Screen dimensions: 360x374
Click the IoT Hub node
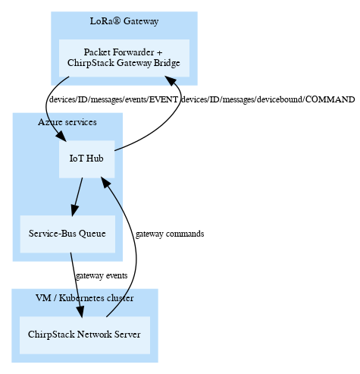coord(87,159)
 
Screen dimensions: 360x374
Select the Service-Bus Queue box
coord(67,234)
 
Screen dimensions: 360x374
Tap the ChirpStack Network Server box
coord(85,335)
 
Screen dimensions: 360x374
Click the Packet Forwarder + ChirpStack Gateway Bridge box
coord(124,58)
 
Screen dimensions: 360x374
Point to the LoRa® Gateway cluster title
coord(124,21)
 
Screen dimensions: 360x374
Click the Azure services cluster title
coord(67,122)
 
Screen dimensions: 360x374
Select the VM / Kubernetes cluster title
coord(85,298)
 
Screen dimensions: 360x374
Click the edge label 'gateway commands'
coord(170,234)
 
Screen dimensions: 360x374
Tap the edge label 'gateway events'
coord(102,275)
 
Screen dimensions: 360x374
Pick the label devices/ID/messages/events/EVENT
coord(114,99)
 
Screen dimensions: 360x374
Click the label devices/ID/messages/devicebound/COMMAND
coord(268,99)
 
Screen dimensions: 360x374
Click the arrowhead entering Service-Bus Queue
coord(74,211)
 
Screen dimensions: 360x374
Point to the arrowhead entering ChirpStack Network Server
coord(80,312)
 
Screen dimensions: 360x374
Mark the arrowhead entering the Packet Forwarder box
coord(171,80)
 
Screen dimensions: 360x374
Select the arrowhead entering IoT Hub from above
coord(61,136)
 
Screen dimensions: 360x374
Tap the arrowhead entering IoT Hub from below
coord(106,183)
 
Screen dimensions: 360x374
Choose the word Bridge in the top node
coord(167,63)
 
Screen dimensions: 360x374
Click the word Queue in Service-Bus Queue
coord(92,234)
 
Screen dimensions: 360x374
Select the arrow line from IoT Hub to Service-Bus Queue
coord(77,196)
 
